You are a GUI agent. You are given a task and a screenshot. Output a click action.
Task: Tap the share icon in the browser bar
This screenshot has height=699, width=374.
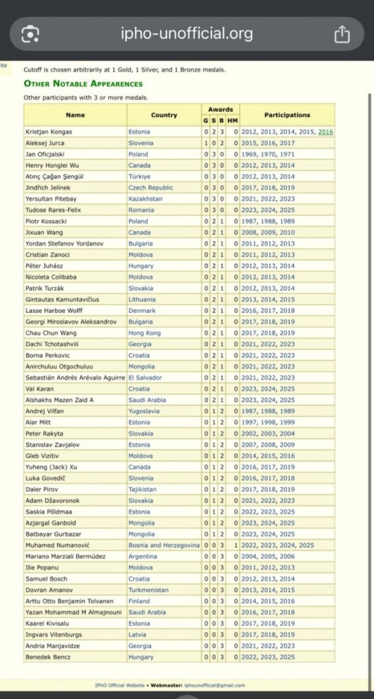tap(342, 34)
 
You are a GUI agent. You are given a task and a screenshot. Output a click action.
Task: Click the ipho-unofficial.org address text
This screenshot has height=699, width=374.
tap(187, 34)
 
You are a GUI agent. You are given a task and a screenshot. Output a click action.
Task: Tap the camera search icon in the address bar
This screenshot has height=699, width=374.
tap(30, 35)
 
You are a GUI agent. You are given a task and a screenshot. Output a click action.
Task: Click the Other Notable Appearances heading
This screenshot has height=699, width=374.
tap(83, 84)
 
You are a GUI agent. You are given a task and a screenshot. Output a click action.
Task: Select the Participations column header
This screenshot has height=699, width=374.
tap(287, 115)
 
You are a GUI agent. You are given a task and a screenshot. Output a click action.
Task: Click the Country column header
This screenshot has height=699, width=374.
tap(164, 115)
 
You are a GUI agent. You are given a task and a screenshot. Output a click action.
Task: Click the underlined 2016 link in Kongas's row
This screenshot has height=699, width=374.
tap(326, 132)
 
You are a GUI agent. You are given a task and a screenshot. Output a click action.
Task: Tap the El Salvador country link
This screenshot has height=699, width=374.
tap(145, 377)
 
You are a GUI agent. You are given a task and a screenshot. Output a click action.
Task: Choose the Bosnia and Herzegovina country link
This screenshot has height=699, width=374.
tap(164, 545)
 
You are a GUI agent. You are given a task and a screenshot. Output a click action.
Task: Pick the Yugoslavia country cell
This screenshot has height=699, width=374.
tap(144, 411)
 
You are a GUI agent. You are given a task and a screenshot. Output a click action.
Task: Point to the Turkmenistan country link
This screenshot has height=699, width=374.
tap(148, 590)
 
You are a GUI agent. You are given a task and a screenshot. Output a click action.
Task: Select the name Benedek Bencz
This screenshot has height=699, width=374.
tap(48, 657)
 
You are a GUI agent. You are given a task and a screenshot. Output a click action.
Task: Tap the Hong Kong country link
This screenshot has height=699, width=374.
tap(144, 333)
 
